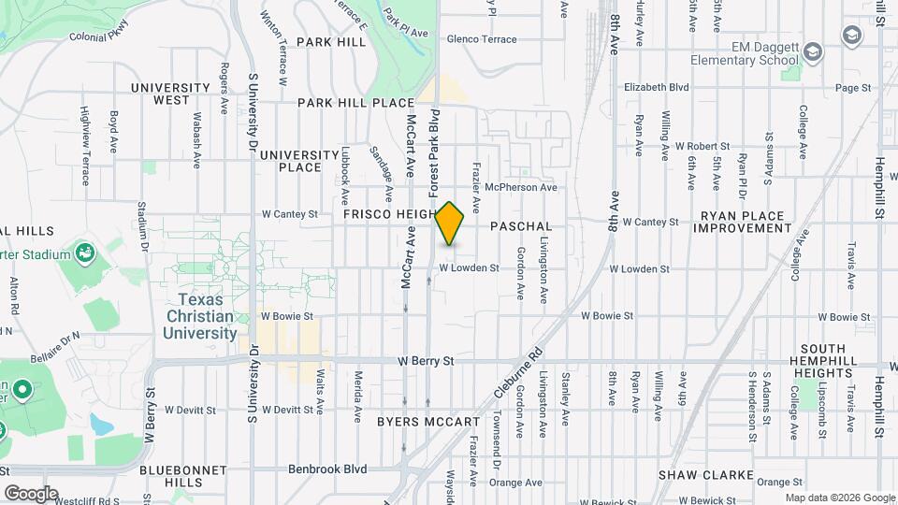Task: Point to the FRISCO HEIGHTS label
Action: (x=388, y=214)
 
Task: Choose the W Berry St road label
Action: (x=425, y=360)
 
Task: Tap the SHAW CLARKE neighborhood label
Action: (x=704, y=475)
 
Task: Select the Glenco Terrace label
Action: (x=482, y=39)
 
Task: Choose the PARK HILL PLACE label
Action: (x=355, y=103)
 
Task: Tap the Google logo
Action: (x=31, y=493)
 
